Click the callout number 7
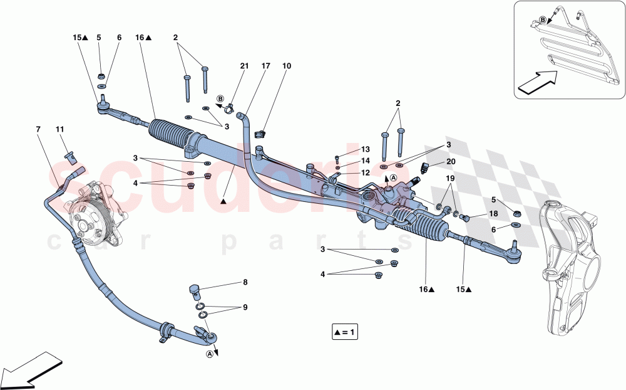tap(38, 129)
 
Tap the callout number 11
tap(60, 129)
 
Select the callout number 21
tap(244, 66)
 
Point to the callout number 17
tap(266, 66)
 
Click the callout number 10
tap(287, 66)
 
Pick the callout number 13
tap(366, 149)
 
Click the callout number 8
tap(245, 283)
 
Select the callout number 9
tap(245, 307)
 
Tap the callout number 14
tap(366, 161)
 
